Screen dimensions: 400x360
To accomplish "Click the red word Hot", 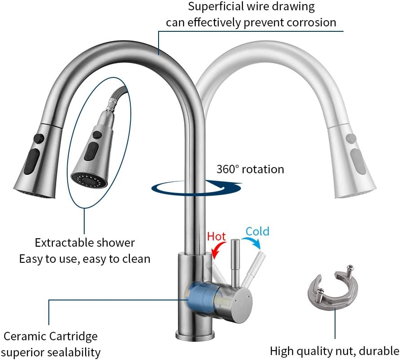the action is point(216,236).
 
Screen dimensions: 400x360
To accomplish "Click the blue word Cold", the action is point(258,231).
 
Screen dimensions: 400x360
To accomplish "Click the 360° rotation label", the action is point(250,169).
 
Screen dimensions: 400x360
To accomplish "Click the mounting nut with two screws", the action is point(332,287).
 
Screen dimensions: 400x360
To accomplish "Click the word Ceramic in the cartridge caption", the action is point(25,336).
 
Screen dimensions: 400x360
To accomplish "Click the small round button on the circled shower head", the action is point(97,134).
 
